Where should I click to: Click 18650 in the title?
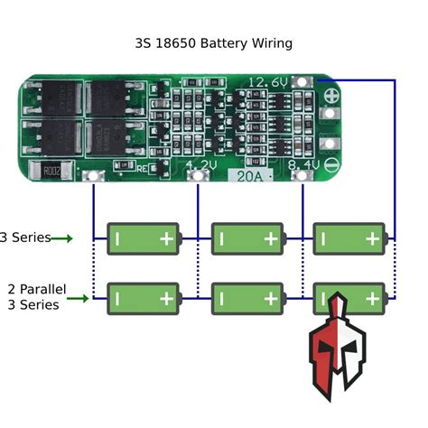pos(176,42)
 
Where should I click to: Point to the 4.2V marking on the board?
pos(202,165)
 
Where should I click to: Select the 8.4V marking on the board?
pos(302,166)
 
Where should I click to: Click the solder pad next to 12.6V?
pos(307,81)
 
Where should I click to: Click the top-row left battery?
pos(143,238)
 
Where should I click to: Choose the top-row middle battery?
pos(245,238)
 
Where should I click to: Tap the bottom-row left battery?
pos(143,297)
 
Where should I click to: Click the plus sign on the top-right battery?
pos(371,238)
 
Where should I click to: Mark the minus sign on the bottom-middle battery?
pos(220,297)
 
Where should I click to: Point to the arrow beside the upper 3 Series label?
pos(61,238)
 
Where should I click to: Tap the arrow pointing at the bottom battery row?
pos(79,297)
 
